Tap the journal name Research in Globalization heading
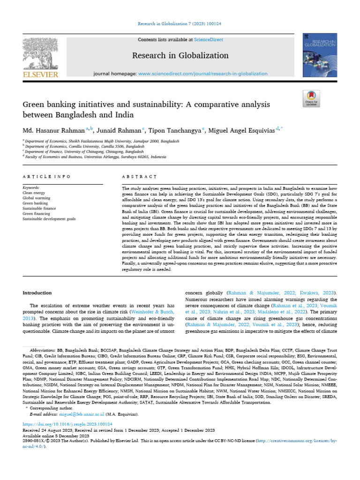coord(180,55)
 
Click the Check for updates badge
coord(311,98)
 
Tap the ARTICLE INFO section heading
coord(46,177)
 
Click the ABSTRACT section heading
coord(139,177)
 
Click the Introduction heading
coord(37,293)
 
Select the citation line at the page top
coord(180,23)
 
